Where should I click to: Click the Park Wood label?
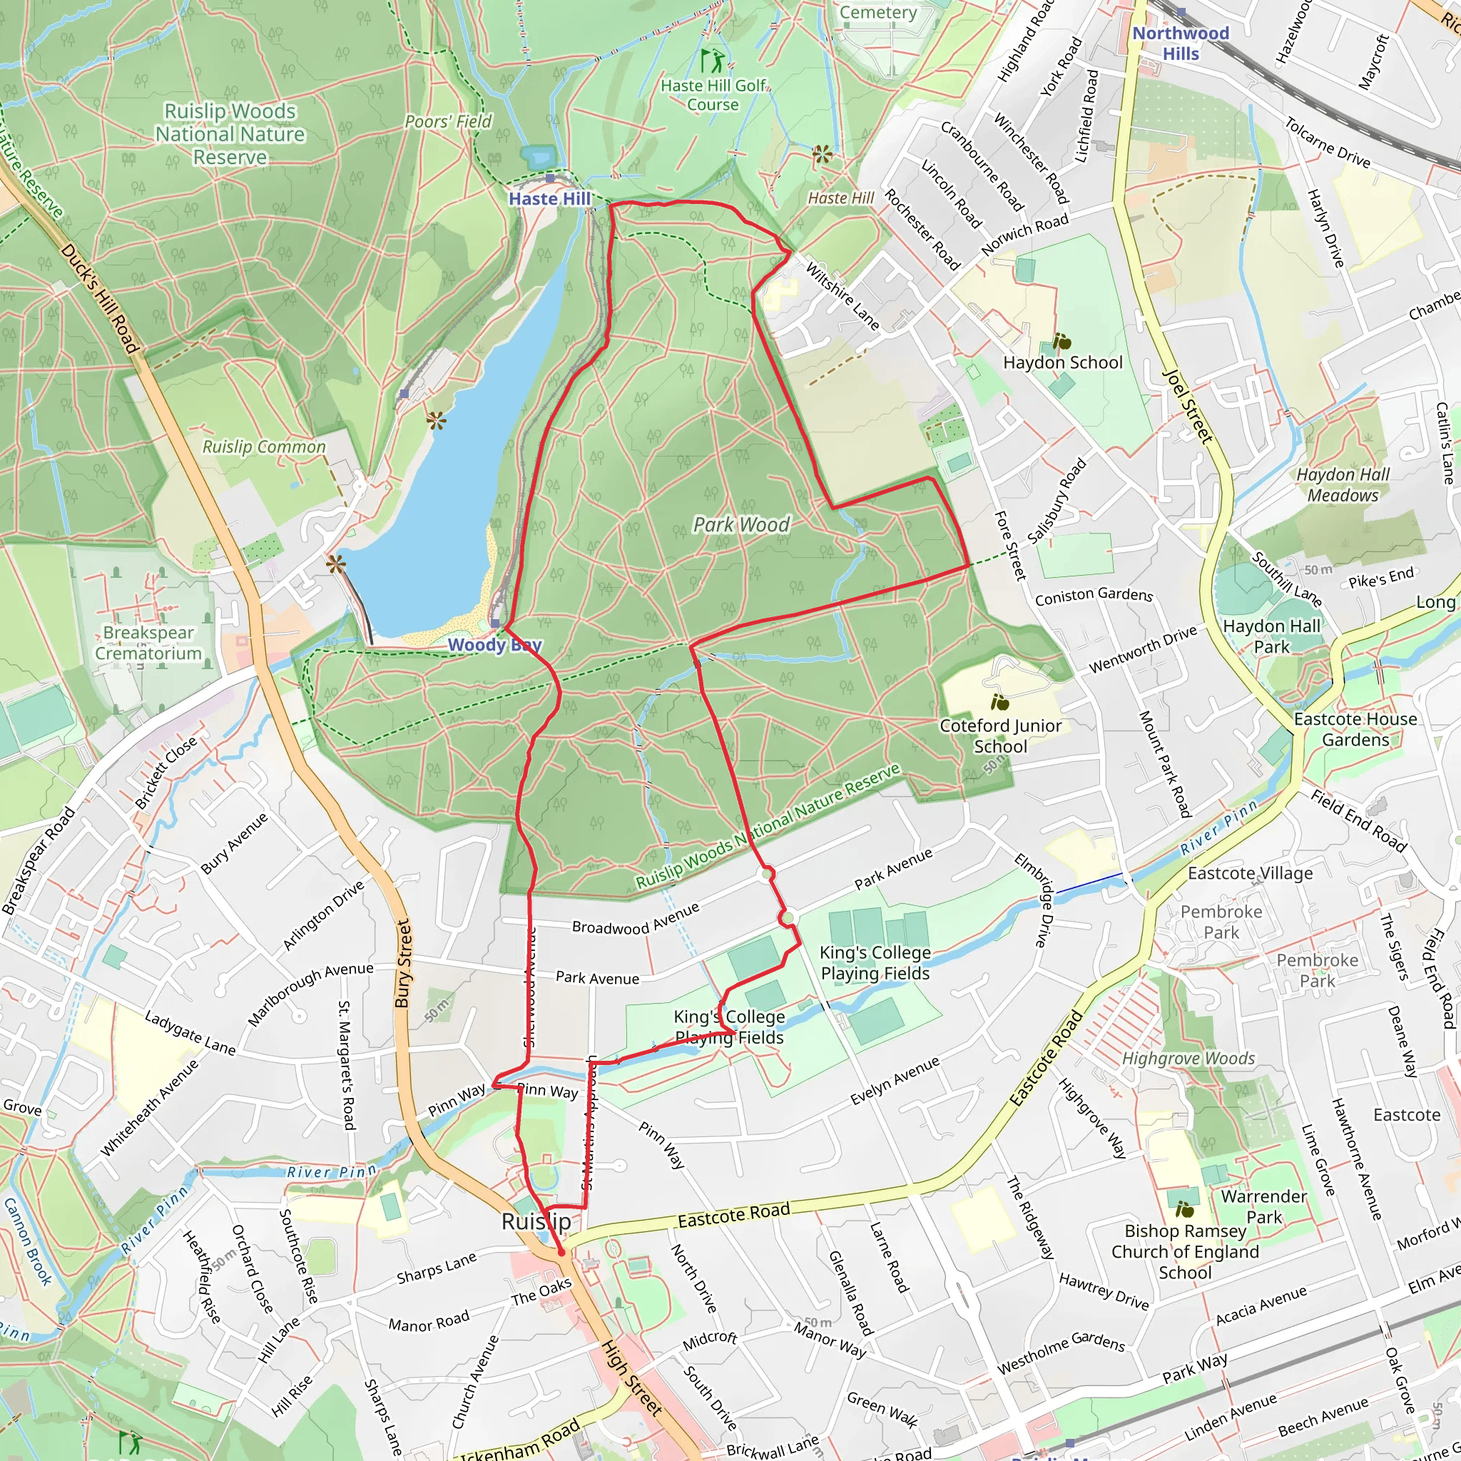pos(741,524)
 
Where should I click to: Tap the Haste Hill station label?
pos(549,198)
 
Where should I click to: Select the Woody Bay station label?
pos(494,644)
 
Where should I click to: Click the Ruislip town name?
pos(536,1222)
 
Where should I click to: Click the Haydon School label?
pos(1062,362)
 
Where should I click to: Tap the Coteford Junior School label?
pos(999,735)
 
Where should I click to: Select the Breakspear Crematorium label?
pos(148,643)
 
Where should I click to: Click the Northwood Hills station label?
pos(1180,43)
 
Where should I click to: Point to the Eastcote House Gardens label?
pos(1355,729)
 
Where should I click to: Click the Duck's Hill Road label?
pos(101,299)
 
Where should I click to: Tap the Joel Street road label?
pos(1187,406)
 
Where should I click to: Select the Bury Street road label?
pos(404,962)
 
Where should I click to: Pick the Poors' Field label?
pos(448,121)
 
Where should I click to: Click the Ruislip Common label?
pos(263,446)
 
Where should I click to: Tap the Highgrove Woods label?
pos(1187,1058)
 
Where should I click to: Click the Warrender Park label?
pos(1263,1206)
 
